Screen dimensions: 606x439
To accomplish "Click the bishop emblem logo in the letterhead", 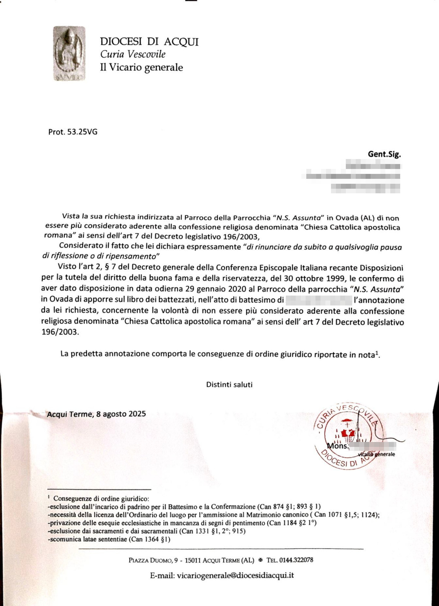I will tap(69, 53).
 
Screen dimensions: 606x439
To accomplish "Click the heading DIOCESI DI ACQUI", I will tap(149, 42).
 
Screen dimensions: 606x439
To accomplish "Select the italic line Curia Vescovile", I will tap(133, 54).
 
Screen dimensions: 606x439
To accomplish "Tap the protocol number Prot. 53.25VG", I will tap(73, 132).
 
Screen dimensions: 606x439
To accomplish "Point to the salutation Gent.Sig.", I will tap(384, 154).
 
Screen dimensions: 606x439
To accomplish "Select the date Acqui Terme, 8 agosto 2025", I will tap(96, 414).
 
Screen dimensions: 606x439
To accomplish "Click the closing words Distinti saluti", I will tap(229, 384).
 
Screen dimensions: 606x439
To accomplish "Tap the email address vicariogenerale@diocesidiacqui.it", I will tap(235, 575).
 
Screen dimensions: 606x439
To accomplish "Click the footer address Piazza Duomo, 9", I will tap(153, 560).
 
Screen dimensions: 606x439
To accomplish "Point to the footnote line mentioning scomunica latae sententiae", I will tap(109, 539).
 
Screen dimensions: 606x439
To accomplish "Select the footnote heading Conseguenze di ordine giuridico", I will tap(101, 498).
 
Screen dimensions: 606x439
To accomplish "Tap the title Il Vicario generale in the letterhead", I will tap(141, 67).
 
